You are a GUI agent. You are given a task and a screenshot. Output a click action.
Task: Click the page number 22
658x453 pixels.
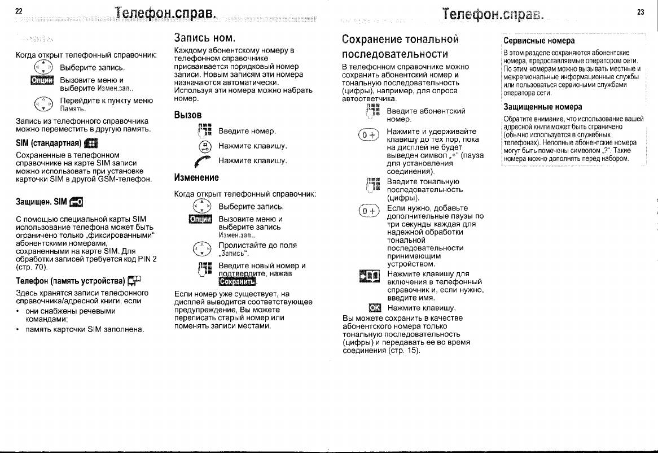(x=19, y=11)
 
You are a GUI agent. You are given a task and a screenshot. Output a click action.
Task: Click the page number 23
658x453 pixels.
(x=641, y=11)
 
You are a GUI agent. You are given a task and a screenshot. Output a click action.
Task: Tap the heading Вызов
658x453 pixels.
(x=188, y=115)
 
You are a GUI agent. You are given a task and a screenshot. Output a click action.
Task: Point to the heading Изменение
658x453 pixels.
(x=196, y=177)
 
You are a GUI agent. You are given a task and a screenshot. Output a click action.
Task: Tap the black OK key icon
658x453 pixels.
(x=375, y=308)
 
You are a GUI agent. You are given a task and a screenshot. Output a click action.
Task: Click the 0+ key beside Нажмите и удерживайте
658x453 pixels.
(x=367, y=136)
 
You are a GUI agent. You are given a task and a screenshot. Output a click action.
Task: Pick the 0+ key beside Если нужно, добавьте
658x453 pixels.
(x=367, y=212)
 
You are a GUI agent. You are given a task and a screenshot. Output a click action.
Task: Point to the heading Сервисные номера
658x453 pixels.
(x=539, y=41)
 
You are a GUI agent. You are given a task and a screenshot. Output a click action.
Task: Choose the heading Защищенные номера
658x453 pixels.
(x=542, y=107)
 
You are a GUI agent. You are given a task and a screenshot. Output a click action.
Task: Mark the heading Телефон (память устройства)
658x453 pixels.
(x=71, y=280)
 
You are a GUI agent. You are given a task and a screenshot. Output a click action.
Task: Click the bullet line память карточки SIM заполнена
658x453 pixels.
(x=85, y=329)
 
